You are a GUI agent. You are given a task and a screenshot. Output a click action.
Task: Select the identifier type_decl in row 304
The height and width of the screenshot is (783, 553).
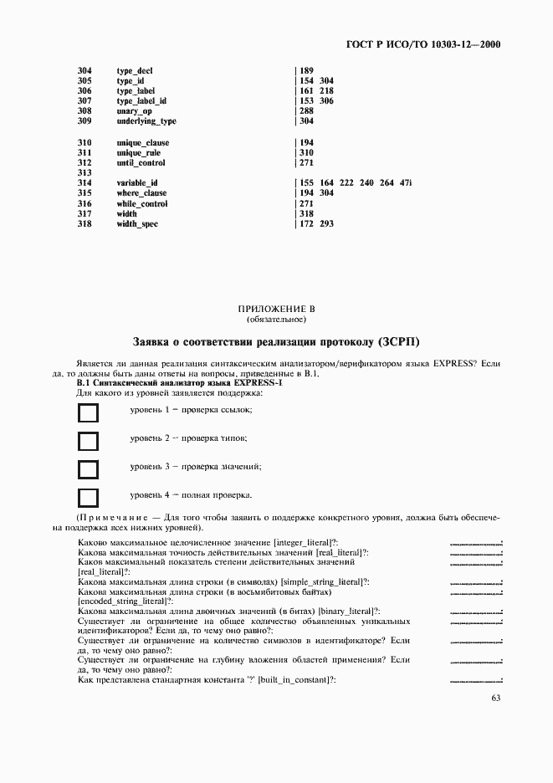click(x=135, y=70)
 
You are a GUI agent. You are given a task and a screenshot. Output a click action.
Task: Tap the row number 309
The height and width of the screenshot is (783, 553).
click(x=84, y=121)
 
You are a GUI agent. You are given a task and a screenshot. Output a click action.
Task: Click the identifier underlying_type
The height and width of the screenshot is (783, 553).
click(x=146, y=121)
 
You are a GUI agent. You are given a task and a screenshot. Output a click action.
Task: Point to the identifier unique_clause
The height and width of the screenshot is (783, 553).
click(x=143, y=143)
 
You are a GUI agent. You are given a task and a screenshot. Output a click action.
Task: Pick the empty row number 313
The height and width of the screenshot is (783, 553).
click(x=84, y=173)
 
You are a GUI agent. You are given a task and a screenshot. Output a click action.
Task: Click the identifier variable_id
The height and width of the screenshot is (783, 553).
click(x=137, y=183)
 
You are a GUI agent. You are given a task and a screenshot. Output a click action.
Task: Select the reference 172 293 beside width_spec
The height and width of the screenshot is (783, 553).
click(x=316, y=224)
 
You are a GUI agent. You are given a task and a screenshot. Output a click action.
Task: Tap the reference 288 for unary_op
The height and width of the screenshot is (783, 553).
click(x=306, y=111)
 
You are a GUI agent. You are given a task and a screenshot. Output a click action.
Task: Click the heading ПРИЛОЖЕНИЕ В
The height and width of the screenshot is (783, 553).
click(x=276, y=310)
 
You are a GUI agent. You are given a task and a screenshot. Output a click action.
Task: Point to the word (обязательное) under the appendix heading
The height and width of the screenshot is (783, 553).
click(x=276, y=320)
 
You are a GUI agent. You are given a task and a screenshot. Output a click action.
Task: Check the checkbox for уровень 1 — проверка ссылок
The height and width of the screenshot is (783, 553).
click(x=88, y=412)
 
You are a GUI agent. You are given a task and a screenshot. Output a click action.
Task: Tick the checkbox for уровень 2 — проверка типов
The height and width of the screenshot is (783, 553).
click(x=88, y=441)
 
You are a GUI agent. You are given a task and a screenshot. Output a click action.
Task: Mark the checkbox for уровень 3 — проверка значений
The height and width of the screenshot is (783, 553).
click(x=88, y=469)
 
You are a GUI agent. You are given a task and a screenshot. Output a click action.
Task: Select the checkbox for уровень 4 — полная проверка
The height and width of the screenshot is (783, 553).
click(x=88, y=498)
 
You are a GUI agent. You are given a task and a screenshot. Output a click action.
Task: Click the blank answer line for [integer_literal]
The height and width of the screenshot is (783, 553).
click(x=475, y=545)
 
